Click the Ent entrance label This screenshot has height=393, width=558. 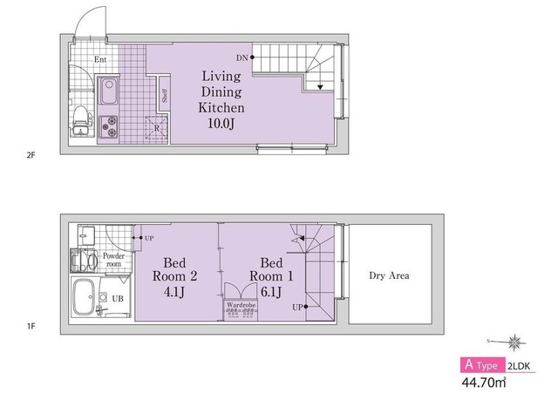(x=100, y=59)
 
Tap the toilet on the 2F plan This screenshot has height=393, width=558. (x=81, y=121)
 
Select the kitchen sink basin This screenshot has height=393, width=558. (x=108, y=91)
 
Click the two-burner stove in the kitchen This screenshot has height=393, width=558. (x=108, y=127)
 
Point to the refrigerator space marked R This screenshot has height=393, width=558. (x=157, y=128)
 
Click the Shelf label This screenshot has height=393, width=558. (x=165, y=95)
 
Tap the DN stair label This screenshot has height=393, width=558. (x=242, y=58)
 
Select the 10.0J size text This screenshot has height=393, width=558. (x=221, y=124)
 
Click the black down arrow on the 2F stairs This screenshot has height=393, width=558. (x=320, y=87)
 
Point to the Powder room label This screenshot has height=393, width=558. (x=114, y=260)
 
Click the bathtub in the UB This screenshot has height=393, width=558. (x=84, y=297)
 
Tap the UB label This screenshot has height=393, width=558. (x=118, y=298)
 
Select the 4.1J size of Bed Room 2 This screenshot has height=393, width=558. (x=174, y=292)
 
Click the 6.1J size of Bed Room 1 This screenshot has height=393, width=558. (x=271, y=292)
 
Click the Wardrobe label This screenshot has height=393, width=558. (x=241, y=305)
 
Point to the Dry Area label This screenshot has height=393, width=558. (x=389, y=275)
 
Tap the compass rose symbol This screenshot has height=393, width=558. (x=514, y=342)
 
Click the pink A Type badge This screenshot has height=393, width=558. (x=482, y=365)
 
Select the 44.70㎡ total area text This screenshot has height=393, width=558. (x=484, y=383)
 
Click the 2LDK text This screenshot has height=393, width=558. (x=519, y=366)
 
